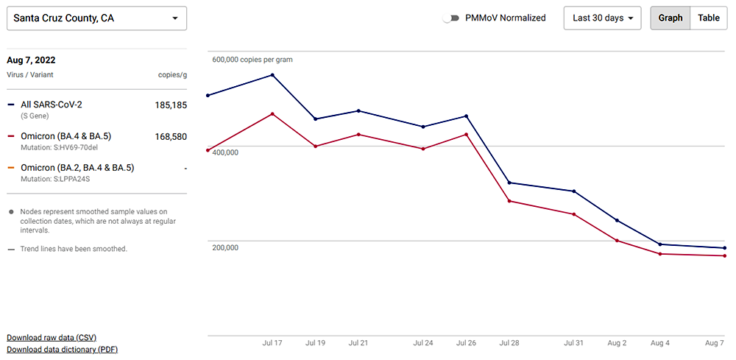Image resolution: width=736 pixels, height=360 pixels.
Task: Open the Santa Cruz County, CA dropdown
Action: (x=96, y=18)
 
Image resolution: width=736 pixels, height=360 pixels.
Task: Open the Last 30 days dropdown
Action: (x=602, y=18)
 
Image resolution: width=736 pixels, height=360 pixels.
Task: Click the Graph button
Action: (x=670, y=18)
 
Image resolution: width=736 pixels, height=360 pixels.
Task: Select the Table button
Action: (x=709, y=18)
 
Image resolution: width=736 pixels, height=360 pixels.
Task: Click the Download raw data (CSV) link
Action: (x=52, y=337)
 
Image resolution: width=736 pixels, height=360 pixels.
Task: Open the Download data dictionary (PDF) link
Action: (x=62, y=350)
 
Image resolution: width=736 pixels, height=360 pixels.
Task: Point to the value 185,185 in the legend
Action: (x=171, y=105)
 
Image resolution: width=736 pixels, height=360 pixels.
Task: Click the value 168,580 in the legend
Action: (x=171, y=136)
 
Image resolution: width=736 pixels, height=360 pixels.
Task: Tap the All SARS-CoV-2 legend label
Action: (x=52, y=105)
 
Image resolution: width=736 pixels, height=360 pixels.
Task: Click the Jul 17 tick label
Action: (x=272, y=343)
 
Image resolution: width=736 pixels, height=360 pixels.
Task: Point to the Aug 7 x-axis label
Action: (x=714, y=343)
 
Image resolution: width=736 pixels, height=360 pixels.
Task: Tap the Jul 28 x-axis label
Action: (x=509, y=343)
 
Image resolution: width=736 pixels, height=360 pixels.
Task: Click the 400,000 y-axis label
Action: (x=225, y=152)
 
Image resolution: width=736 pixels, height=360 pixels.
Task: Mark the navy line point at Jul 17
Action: (x=273, y=74)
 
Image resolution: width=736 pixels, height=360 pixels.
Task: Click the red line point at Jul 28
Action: (x=509, y=201)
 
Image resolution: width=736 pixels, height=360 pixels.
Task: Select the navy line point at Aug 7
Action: (x=725, y=248)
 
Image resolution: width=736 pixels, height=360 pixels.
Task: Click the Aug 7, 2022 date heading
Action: (x=31, y=60)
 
